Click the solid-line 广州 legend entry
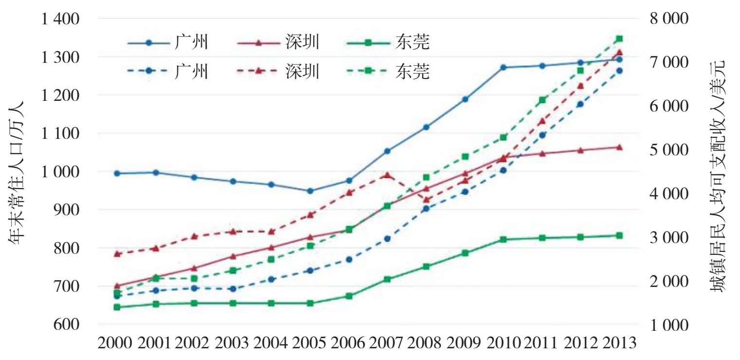tap(168, 43)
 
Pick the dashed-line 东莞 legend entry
tap(389, 71)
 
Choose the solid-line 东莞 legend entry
tap(389, 43)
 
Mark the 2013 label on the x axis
tap(618, 343)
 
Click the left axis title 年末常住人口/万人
tap(18, 172)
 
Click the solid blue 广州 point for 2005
tap(310, 191)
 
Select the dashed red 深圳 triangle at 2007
tap(388, 175)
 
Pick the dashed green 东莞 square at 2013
tap(619, 38)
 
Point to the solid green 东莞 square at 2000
tap(117, 307)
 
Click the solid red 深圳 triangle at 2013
tap(619, 147)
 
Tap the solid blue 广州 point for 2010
tap(503, 67)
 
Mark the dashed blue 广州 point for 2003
tap(233, 289)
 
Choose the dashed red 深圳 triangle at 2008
tap(426, 200)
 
